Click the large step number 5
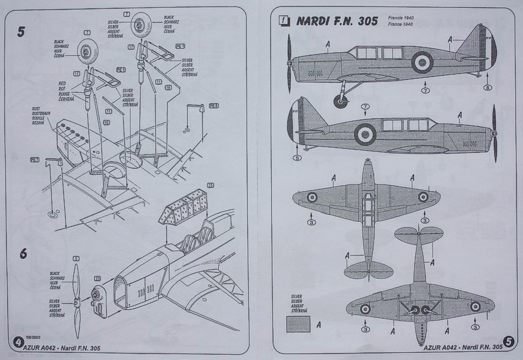coord(21,32)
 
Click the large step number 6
coord(23,254)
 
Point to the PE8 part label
coord(214,106)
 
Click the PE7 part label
coord(35,159)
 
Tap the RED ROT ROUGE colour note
coord(64,94)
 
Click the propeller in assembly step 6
coord(76,301)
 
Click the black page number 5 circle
coord(509,341)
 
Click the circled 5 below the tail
coord(297,157)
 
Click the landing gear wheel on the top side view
coord(340,101)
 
